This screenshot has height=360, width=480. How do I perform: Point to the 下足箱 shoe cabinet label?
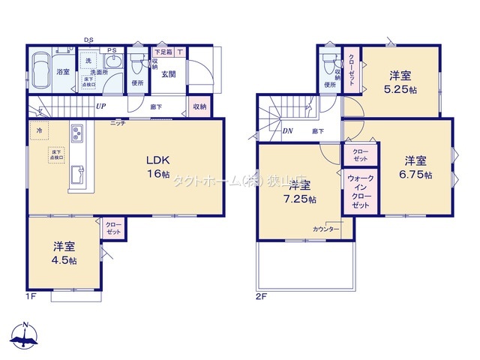click(x=162, y=52)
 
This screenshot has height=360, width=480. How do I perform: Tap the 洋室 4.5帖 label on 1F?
click(x=64, y=252)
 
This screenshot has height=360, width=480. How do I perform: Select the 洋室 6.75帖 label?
click(x=416, y=166)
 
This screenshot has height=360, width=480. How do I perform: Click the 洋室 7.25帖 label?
click(x=301, y=193)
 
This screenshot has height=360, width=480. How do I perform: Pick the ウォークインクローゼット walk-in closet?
click(x=361, y=190)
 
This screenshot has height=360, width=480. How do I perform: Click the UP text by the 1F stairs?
click(x=100, y=106)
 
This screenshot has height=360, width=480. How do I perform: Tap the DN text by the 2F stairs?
click(x=287, y=130)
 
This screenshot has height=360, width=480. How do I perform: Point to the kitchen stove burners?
click(x=76, y=136)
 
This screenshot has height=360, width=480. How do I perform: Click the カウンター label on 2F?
click(x=326, y=229)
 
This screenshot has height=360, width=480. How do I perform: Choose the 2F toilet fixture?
click(x=326, y=65)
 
